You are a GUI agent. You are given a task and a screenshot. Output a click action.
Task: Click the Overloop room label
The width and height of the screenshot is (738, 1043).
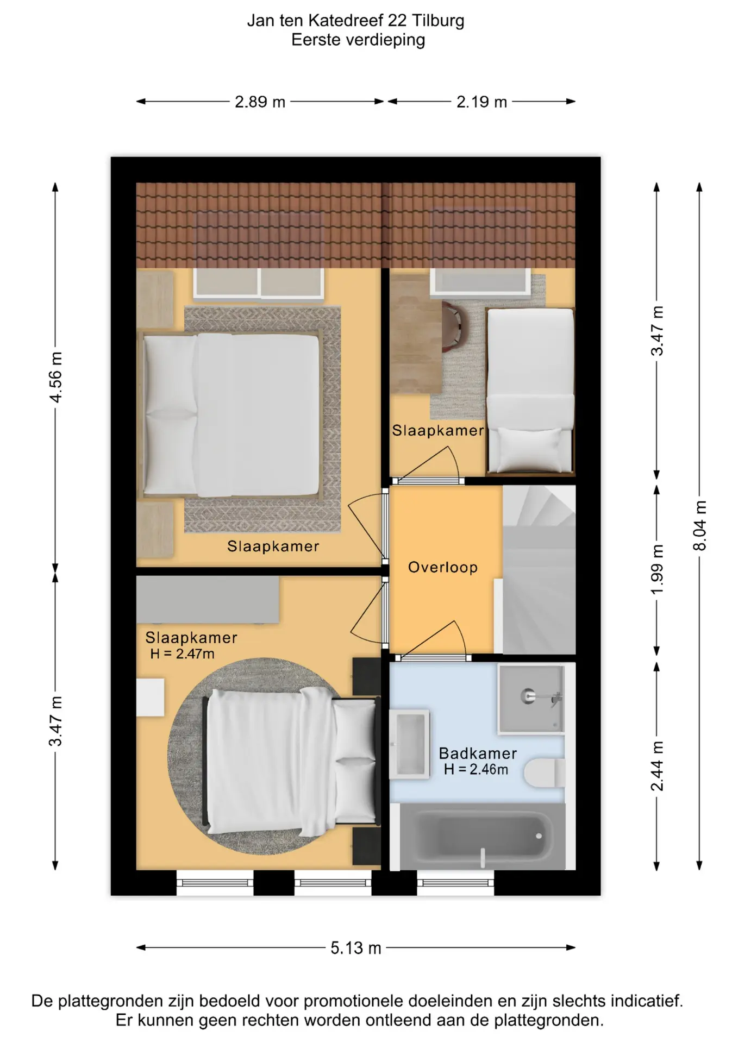[x=443, y=567]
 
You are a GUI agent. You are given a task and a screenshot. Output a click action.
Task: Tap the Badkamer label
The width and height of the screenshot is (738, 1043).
[x=478, y=753]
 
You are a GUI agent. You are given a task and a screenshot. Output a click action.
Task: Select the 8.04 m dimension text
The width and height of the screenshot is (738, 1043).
[x=700, y=525]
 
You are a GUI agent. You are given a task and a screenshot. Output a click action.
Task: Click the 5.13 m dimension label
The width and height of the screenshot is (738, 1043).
[x=356, y=948]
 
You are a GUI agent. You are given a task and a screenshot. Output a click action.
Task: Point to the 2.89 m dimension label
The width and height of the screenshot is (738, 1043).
[x=260, y=102]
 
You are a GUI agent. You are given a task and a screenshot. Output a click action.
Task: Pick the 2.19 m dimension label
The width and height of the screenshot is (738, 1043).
[x=481, y=102]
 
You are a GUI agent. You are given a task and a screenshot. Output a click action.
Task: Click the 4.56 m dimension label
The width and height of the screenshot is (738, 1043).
[x=55, y=377]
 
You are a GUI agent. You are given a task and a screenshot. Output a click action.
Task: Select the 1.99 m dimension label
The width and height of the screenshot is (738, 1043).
[x=657, y=569]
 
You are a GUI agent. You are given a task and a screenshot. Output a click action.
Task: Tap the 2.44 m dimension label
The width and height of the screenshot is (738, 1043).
[x=657, y=766]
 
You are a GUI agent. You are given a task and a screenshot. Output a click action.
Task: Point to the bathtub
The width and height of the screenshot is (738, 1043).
[x=483, y=837]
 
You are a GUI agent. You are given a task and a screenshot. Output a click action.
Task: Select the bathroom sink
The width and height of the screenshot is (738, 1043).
[x=410, y=744]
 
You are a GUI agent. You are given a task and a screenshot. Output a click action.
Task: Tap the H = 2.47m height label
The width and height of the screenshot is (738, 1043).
[x=182, y=654]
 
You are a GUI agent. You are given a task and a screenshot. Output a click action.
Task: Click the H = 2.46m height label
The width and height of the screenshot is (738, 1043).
[x=476, y=769]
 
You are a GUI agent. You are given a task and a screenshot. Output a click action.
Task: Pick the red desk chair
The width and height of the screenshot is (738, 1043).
[x=451, y=326]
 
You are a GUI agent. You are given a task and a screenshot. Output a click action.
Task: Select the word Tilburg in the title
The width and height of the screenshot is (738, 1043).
[x=438, y=21]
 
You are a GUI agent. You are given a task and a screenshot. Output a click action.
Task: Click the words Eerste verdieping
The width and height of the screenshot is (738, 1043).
[x=358, y=40]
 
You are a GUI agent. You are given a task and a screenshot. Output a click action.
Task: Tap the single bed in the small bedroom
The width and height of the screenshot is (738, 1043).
[x=530, y=391]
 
